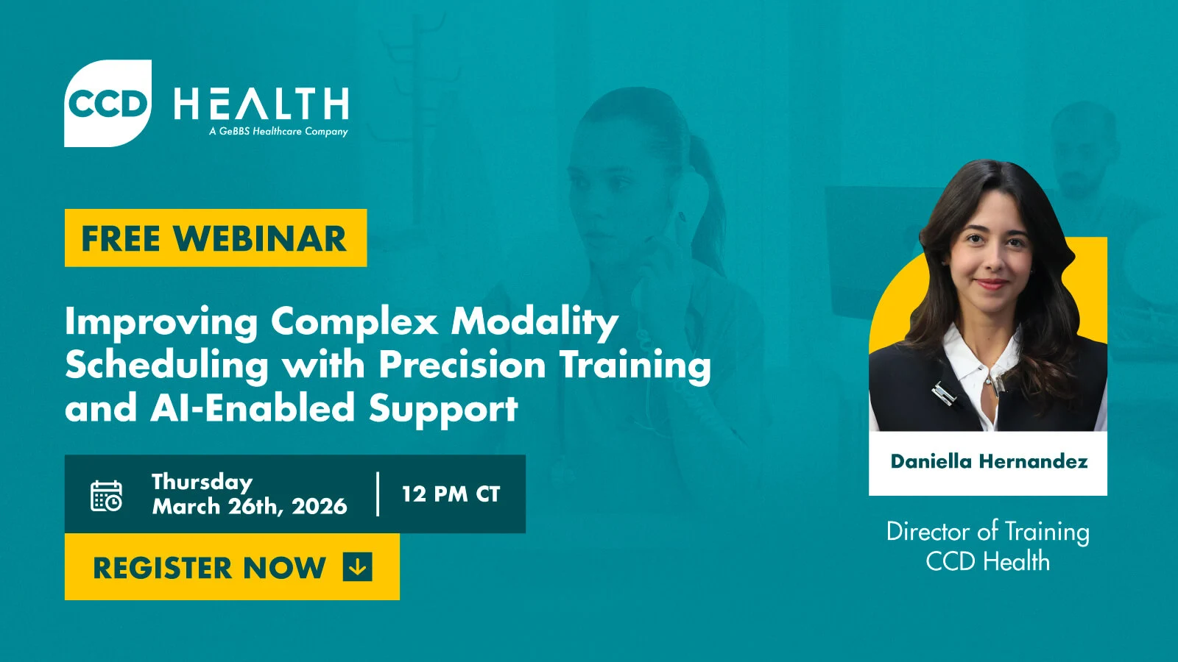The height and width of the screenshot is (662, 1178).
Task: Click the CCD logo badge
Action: coord(108,103)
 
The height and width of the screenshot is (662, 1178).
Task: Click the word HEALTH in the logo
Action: coord(261,104)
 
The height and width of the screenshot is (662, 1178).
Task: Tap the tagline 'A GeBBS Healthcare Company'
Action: coord(278,132)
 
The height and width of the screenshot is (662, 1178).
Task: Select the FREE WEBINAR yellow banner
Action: coord(215,238)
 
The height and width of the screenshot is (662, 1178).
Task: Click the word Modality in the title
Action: coord(535,322)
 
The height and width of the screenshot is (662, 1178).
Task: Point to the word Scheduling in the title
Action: coord(167,366)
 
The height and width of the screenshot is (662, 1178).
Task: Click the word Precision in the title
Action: coord(462,364)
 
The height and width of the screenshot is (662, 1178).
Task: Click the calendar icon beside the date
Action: coord(107,496)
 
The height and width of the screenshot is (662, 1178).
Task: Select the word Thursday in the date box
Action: coord(202,482)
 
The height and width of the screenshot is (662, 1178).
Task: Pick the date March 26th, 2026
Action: coord(250,507)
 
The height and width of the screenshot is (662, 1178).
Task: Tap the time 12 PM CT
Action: coord(451,494)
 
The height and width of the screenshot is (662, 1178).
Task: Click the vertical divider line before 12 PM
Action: coord(378,494)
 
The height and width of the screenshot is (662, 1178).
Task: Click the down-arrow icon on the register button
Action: coord(357,567)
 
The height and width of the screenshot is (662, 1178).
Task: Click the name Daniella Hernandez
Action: coord(989,461)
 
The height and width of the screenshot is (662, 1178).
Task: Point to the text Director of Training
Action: coord(988,531)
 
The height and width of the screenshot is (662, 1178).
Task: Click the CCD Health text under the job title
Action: coord(988,562)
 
